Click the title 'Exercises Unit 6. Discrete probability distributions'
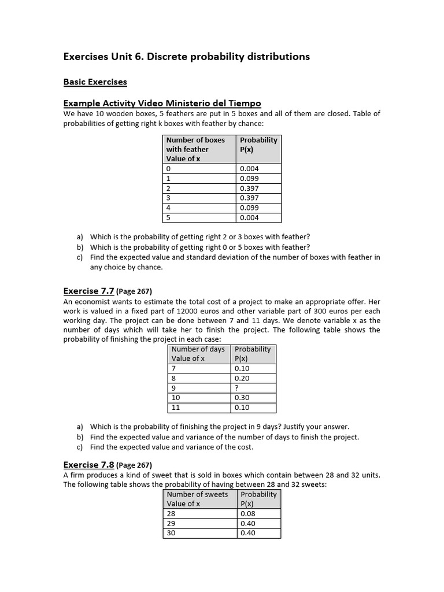pyautogui.click(x=186, y=57)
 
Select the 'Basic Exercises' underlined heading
pyautogui.click(x=95, y=82)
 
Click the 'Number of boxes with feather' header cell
pyautogui.click(x=199, y=149)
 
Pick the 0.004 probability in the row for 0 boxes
pyautogui.click(x=249, y=169)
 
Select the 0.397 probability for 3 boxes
pyautogui.click(x=249, y=198)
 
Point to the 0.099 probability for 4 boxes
pyautogui.click(x=249, y=208)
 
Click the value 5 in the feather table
pyautogui.click(x=169, y=218)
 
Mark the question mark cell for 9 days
pyautogui.click(x=237, y=388)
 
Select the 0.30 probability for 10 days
pyautogui.click(x=242, y=398)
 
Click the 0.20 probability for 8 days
pyautogui.click(x=242, y=378)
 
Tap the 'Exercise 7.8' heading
pyautogui.click(x=88, y=465)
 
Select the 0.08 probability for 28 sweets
pyautogui.click(x=247, y=513)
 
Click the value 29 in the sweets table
pyautogui.click(x=171, y=523)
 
